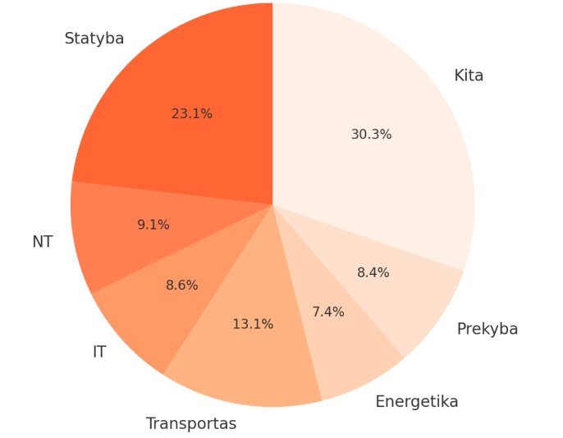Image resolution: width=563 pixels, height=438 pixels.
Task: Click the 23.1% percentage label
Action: click(192, 114)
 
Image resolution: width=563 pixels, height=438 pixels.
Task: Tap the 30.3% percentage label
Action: click(371, 135)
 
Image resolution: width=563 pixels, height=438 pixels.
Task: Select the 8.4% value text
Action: click(373, 272)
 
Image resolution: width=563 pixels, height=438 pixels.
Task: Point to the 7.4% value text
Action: click(328, 312)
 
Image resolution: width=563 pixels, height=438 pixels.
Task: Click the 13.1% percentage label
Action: click(253, 324)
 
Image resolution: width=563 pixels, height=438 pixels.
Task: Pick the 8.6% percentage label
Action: click(181, 285)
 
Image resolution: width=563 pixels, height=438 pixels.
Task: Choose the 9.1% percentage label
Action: click(153, 225)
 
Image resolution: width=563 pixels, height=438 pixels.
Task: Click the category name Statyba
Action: click(94, 39)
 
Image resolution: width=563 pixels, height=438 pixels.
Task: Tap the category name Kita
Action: click(469, 75)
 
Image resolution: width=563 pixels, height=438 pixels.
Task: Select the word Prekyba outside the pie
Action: click(487, 329)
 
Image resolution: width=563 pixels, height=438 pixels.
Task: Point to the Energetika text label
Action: click(417, 402)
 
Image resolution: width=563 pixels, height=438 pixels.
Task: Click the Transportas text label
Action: click(191, 423)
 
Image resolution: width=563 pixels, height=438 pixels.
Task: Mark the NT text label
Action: click(43, 242)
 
